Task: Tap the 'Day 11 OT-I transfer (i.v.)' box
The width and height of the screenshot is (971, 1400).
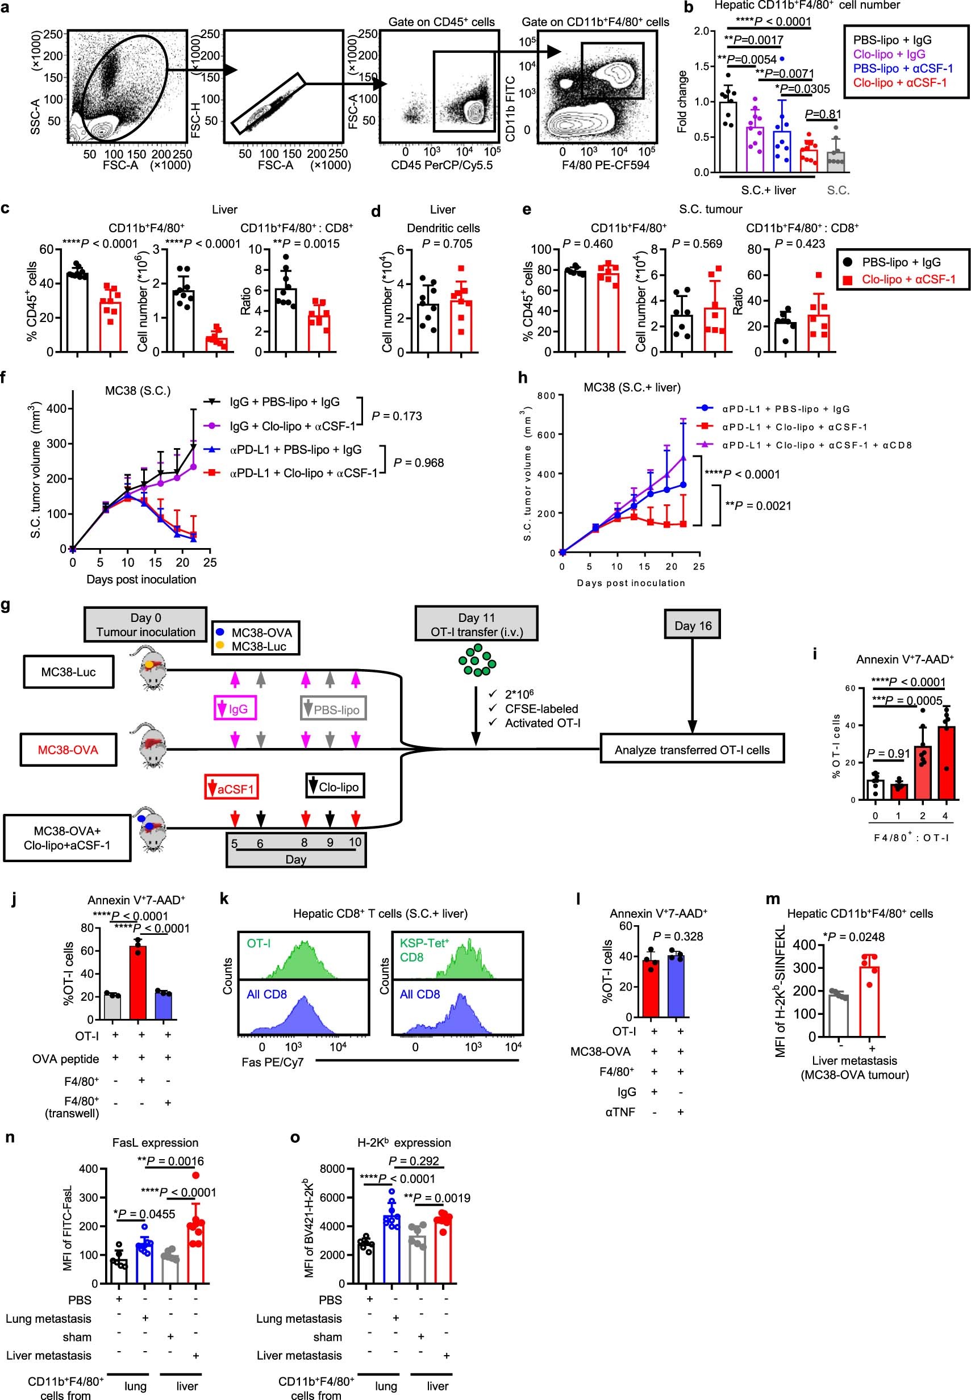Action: (476, 624)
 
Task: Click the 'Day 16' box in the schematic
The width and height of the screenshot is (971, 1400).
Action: (693, 626)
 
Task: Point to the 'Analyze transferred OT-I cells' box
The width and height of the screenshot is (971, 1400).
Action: (692, 750)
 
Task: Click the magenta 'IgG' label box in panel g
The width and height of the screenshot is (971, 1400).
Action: (234, 708)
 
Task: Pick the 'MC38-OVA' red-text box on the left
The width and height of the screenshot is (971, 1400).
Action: (68, 750)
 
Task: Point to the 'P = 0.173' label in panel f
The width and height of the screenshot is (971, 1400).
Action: (396, 416)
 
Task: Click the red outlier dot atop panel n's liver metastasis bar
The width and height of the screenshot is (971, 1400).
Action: (195, 1176)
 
